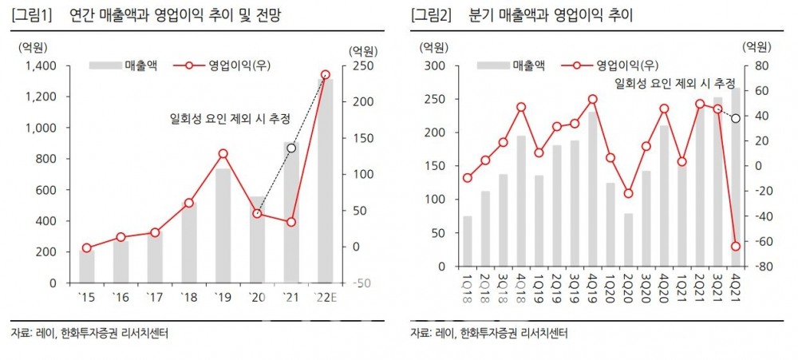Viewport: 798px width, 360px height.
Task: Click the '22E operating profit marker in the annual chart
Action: click(325, 75)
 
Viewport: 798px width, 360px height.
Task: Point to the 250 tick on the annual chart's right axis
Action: click(361, 65)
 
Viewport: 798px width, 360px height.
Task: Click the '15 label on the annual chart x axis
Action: click(86, 298)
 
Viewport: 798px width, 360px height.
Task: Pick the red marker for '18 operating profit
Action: click(188, 203)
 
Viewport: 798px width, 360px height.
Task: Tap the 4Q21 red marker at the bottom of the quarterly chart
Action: click(736, 246)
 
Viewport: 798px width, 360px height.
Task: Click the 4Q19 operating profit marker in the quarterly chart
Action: click(593, 100)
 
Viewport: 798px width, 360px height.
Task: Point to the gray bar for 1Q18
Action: click(468, 241)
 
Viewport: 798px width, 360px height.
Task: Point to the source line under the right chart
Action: click(489, 333)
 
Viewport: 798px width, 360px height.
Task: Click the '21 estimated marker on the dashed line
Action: click(291, 148)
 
